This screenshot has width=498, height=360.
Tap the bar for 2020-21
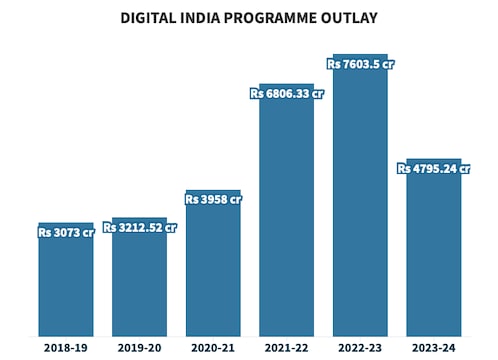213,270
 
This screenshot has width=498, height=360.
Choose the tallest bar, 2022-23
360,200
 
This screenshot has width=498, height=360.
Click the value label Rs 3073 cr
66,232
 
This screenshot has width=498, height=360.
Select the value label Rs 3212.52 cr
139,227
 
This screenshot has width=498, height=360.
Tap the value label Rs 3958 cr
213,199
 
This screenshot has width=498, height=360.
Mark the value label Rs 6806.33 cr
286,94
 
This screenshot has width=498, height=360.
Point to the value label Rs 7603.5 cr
360,64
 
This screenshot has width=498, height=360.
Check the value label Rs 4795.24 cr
434,169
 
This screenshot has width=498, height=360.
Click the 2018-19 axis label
66,347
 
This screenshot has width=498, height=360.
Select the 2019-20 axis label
139,347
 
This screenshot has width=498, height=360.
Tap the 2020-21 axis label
213,347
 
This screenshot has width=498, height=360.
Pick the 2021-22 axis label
286,347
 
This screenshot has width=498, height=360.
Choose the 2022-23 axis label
360,347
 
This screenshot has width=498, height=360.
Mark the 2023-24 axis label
434,347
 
